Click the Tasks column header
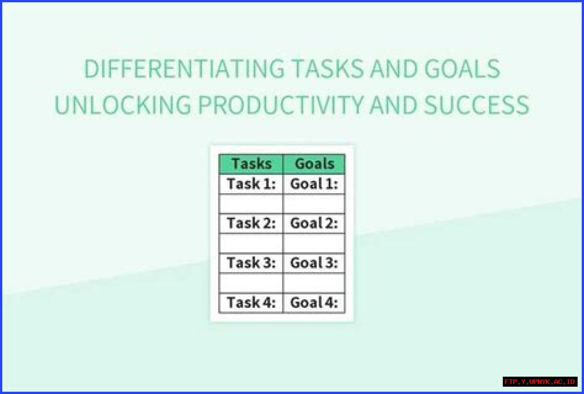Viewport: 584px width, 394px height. (x=251, y=164)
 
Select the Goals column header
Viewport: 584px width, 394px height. (x=314, y=164)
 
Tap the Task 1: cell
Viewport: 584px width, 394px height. (x=251, y=184)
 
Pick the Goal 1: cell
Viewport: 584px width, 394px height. (x=314, y=184)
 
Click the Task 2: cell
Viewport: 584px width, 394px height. (x=251, y=223)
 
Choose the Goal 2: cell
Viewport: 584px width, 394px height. (x=314, y=223)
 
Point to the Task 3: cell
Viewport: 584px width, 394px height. (x=251, y=263)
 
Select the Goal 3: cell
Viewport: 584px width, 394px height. (x=314, y=263)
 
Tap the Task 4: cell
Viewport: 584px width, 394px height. (x=251, y=303)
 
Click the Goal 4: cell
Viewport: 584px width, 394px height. (x=314, y=303)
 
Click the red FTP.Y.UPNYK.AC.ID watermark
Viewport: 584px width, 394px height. (x=540, y=381)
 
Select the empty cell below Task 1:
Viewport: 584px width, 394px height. (x=251, y=204)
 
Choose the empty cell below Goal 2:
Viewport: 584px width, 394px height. (x=314, y=244)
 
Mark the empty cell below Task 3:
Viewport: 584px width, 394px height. (x=251, y=283)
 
